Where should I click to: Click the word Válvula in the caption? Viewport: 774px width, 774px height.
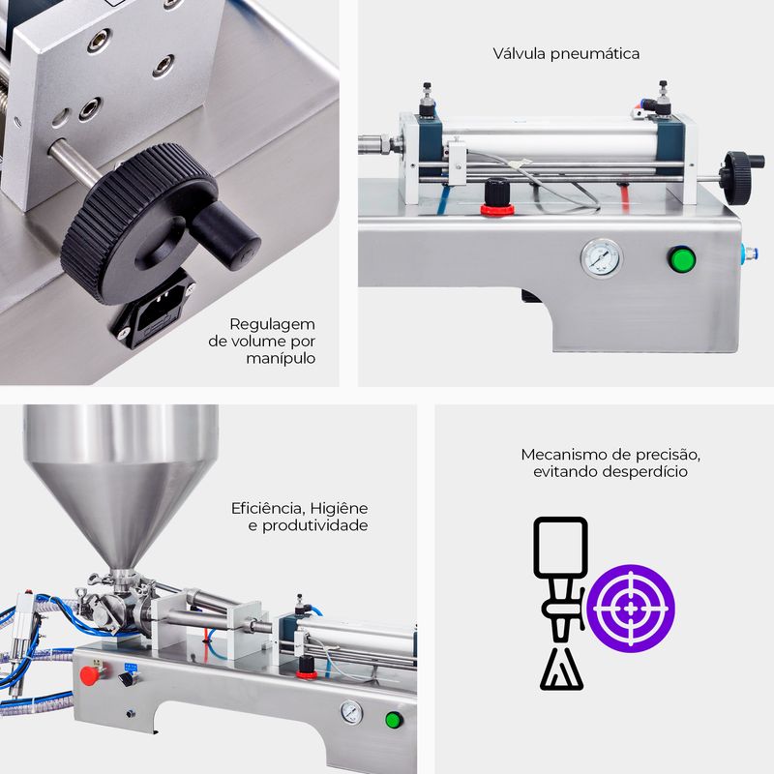click(x=520, y=53)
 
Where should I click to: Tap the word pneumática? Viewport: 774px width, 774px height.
click(x=595, y=54)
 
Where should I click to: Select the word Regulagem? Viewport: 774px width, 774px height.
click(x=272, y=325)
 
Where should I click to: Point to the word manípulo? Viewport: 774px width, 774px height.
click(x=281, y=358)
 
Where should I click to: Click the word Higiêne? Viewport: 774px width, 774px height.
click(x=339, y=508)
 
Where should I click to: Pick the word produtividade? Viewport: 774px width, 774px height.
click(x=315, y=525)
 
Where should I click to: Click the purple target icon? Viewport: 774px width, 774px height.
click(x=631, y=609)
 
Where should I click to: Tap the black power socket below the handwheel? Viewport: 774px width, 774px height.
click(x=155, y=312)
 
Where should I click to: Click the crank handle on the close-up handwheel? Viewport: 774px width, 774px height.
click(x=225, y=235)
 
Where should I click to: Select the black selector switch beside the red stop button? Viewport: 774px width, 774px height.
click(x=127, y=679)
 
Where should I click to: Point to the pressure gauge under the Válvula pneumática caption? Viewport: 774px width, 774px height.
click(x=601, y=258)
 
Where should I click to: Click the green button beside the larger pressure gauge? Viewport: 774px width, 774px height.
click(x=682, y=258)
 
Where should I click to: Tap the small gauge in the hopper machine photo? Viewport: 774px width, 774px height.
click(x=351, y=712)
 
